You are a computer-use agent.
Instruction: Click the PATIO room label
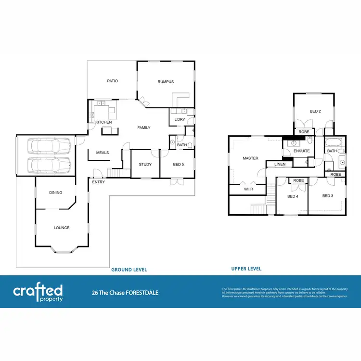pyautogui.click(x=112, y=81)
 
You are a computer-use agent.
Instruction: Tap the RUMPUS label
pyautogui.click(x=166, y=82)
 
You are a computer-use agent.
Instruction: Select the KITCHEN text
pyautogui.click(x=103, y=122)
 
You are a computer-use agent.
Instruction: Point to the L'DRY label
pyautogui.click(x=180, y=119)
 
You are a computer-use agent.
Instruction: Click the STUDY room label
pyautogui.click(x=145, y=165)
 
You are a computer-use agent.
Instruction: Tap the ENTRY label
pyautogui.click(x=99, y=182)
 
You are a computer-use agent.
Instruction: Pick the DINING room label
pyautogui.click(x=56, y=193)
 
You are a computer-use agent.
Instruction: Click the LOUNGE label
pyautogui.click(x=62, y=228)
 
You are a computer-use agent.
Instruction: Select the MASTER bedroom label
pyautogui.click(x=250, y=158)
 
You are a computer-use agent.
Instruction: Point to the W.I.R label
pyautogui.click(x=248, y=190)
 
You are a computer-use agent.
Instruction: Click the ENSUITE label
pyautogui.click(x=302, y=151)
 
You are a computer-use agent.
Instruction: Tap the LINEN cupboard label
pyautogui.click(x=280, y=165)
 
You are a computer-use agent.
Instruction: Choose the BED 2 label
pyautogui.click(x=315, y=111)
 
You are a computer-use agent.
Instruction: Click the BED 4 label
pyautogui.click(x=293, y=196)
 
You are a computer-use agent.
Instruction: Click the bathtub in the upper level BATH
pyautogui.click(x=333, y=142)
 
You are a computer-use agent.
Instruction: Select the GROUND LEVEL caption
pyautogui.click(x=129, y=270)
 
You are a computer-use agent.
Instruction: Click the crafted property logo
pyautogui.click(x=38, y=292)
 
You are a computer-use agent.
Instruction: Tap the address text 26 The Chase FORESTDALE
pyautogui.click(x=125, y=292)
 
